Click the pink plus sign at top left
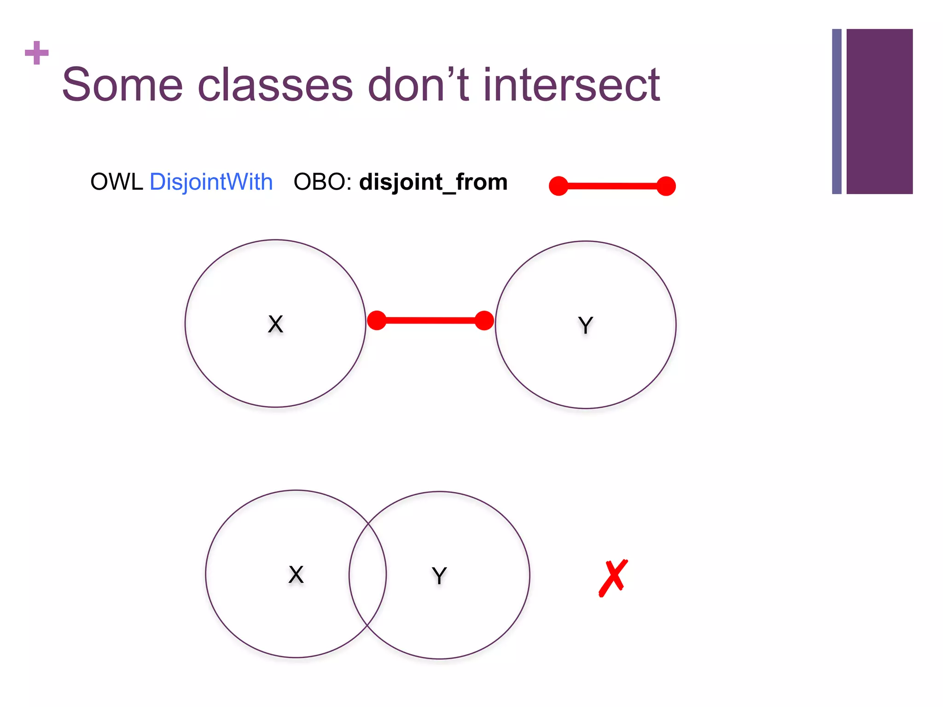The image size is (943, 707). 37,53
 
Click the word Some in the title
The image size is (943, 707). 122,85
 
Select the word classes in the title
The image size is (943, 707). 275,85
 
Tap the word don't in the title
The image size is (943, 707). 418,85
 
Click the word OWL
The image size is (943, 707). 116,182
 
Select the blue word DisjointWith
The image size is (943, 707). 211,182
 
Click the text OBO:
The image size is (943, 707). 322,182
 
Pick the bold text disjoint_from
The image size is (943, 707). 433,182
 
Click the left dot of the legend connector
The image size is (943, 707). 559,186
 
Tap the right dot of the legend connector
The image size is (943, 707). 666,186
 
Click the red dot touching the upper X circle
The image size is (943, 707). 377,320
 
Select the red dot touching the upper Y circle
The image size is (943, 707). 484,320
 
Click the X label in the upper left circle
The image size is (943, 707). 275,324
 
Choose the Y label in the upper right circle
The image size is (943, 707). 585,325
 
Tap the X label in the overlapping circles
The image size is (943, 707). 296,574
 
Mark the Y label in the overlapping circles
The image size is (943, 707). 439,575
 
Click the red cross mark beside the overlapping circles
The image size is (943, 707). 613,578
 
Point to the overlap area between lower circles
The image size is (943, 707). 367,574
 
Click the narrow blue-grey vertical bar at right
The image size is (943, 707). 837,111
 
